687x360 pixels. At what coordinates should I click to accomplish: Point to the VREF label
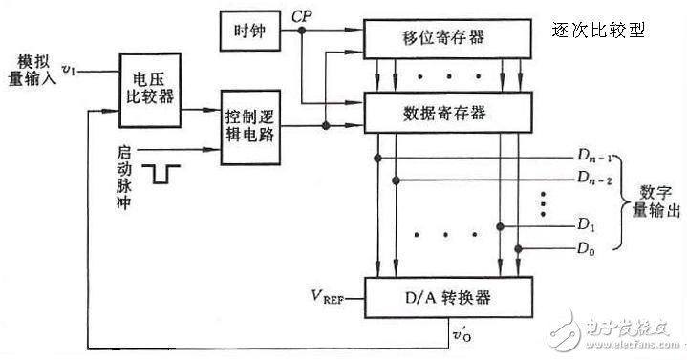pyautogui.click(x=324, y=298)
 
